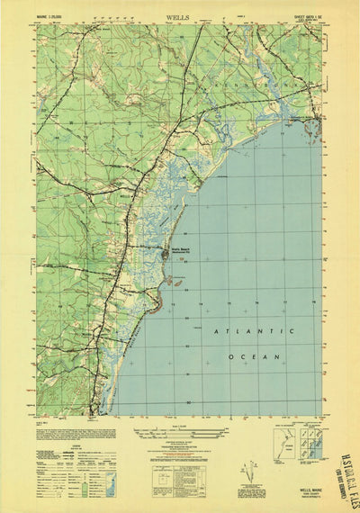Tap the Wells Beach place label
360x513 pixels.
click(x=181, y=251)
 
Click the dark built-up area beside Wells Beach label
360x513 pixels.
click(x=165, y=257)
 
